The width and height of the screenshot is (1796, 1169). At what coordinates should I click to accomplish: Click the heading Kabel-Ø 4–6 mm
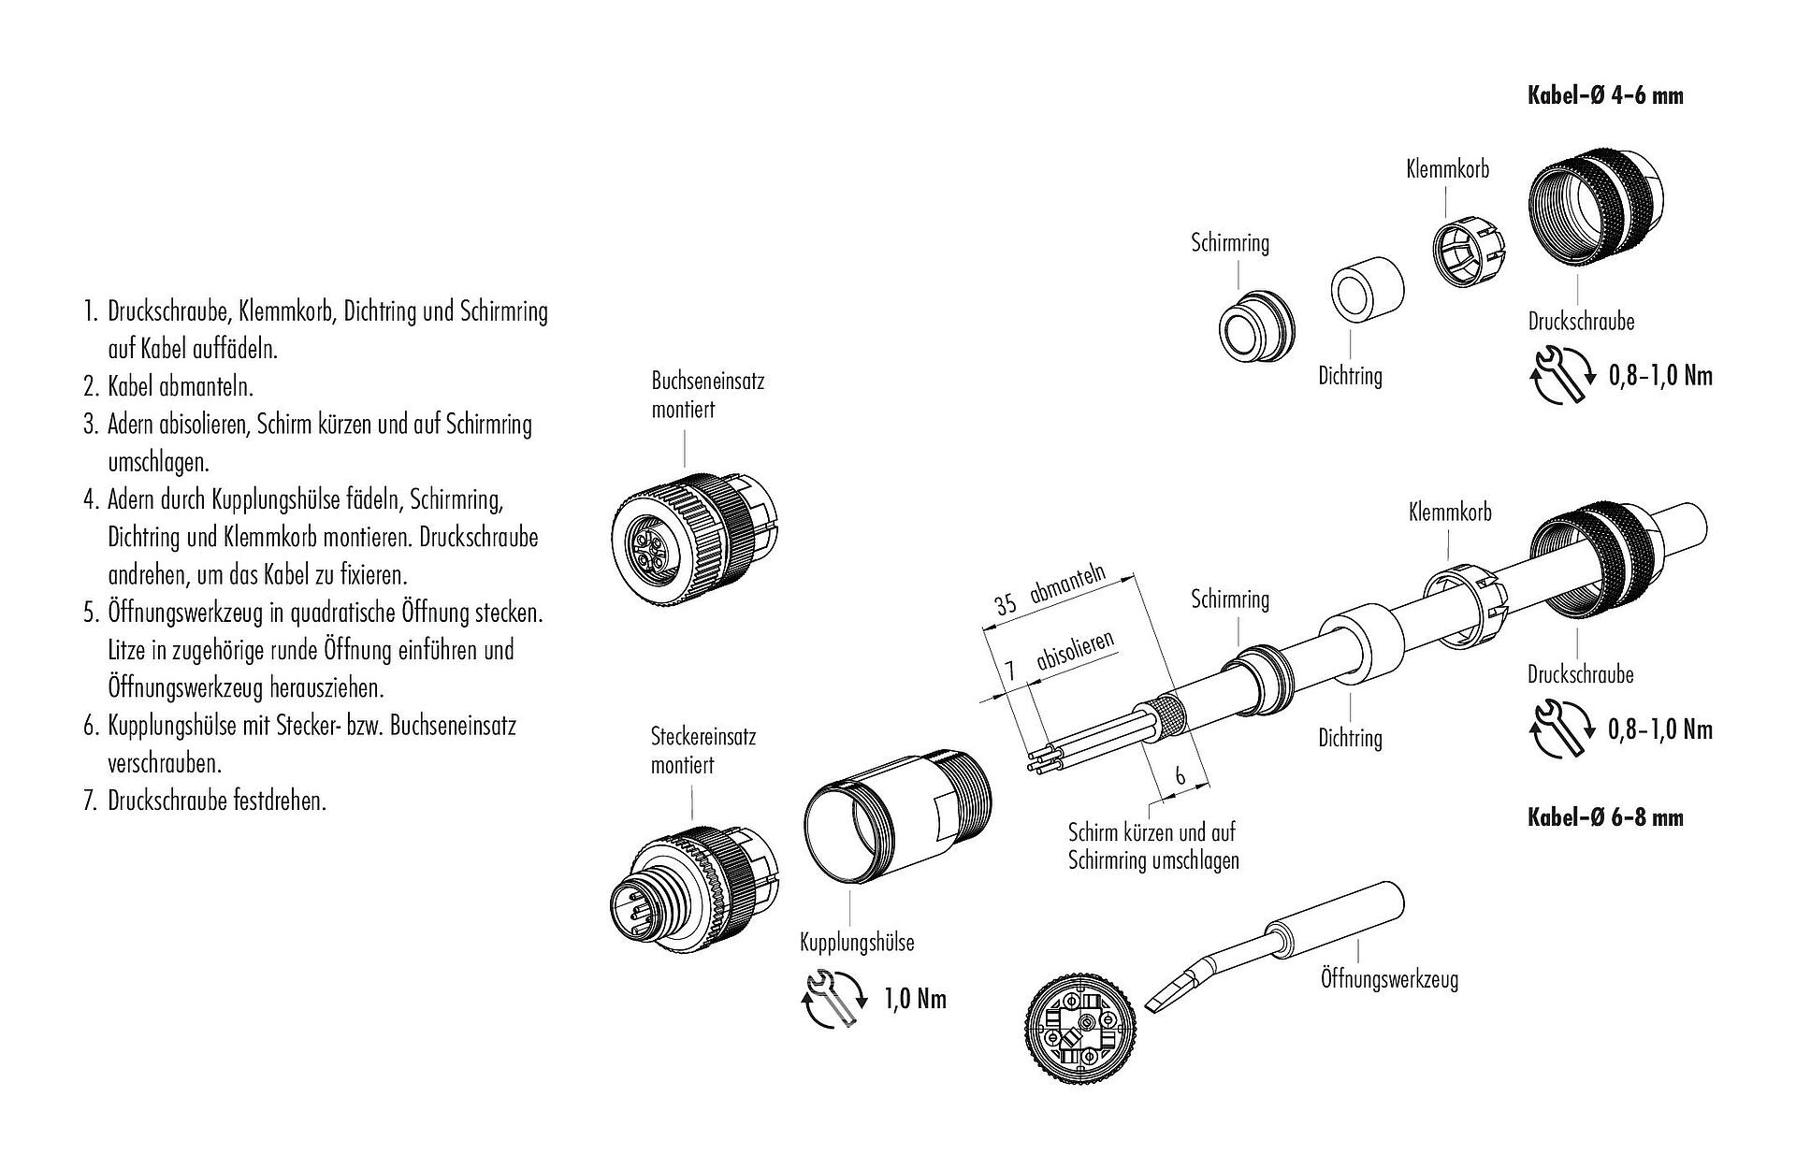pyautogui.click(x=1605, y=95)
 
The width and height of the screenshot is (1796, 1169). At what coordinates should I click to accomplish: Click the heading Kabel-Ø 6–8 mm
pyautogui.click(x=1605, y=818)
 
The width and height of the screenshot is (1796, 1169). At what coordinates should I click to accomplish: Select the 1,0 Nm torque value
pyautogui.click(x=915, y=1000)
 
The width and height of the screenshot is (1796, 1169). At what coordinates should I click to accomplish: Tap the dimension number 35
pyautogui.click(x=1006, y=603)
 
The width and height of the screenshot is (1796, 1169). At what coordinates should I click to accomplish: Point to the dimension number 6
pyautogui.click(x=1180, y=775)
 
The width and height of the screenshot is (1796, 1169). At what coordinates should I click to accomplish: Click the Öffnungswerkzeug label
pyautogui.click(x=1389, y=980)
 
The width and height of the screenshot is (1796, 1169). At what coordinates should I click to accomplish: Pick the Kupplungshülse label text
pyautogui.click(x=857, y=943)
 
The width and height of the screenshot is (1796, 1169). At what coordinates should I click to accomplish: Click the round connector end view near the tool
pyautogui.click(x=1084, y=1033)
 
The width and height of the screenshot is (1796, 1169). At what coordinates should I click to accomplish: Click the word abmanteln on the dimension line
pyautogui.click(x=1068, y=584)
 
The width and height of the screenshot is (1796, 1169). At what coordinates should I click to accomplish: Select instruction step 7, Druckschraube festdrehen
pyautogui.click(x=216, y=801)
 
